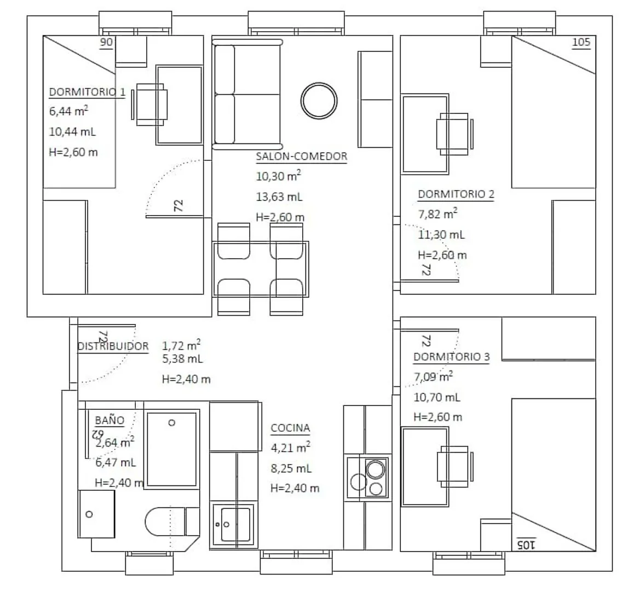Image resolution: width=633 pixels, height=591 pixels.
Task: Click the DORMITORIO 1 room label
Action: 87,92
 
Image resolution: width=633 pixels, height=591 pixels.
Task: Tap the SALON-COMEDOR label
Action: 302,157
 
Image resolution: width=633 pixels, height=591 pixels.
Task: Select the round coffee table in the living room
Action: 319,101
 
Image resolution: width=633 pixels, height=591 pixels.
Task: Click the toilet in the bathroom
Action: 172,521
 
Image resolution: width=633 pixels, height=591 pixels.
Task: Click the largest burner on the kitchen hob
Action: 376,470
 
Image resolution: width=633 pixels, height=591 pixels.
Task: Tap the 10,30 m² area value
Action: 279,176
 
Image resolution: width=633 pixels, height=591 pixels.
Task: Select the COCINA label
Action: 290,428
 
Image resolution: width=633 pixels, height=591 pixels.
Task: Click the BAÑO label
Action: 110,420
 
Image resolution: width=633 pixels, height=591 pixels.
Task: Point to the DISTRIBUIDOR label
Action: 113,346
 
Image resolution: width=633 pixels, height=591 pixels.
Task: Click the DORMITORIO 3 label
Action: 452,357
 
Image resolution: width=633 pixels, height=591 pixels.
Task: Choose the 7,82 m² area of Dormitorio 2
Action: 438,214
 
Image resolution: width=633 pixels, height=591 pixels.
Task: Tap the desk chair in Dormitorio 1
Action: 150,105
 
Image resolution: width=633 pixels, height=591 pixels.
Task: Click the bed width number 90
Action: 106,42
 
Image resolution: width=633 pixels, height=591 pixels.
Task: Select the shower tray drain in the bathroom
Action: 171,423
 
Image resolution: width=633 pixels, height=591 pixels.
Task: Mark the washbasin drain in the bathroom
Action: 89,514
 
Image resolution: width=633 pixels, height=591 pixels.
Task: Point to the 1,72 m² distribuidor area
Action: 181,345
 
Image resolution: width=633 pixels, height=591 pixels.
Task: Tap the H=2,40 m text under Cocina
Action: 295,488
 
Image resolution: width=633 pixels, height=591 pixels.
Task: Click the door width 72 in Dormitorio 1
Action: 179,206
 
